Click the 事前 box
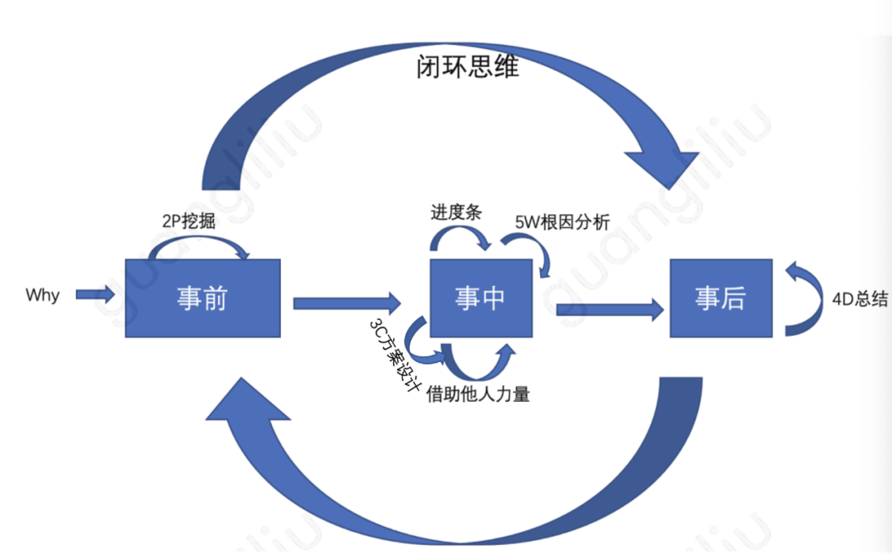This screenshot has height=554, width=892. click(x=202, y=298)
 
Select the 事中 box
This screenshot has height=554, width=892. click(x=480, y=298)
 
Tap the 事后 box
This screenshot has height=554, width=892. click(x=721, y=298)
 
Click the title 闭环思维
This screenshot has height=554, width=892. click(x=467, y=67)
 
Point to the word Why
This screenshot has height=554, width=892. click(x=42, y=295)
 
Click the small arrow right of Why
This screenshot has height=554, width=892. click(x=95, y=294)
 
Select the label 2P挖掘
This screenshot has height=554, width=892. click(x=191, y=222)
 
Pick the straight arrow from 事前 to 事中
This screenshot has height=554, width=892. click(x=346, y=303)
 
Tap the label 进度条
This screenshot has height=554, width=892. click(x=455, y=211)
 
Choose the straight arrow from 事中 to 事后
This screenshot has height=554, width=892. click(x=610, y=309)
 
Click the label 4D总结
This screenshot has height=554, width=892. click(x=860, y=299)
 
